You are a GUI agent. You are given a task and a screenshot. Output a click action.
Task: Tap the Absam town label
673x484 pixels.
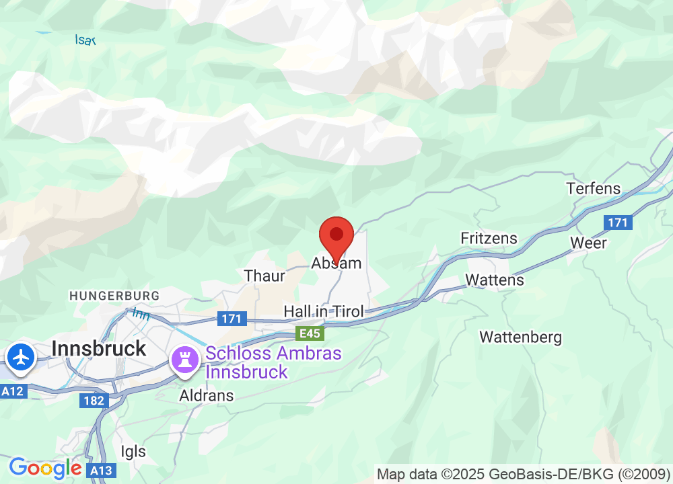coord(336,264)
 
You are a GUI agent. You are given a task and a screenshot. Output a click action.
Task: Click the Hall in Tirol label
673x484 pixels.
coord(324,311)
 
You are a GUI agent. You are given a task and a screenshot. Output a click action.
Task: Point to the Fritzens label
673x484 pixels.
coord(489,239)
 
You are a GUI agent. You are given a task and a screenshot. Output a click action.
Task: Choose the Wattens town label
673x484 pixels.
coord(495,280)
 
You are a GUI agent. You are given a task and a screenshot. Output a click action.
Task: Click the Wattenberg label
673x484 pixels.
coord(520,336)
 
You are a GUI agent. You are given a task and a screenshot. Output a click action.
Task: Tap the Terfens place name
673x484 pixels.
coord(594,188)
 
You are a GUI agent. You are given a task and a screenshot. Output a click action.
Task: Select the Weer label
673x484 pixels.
coord(588,243)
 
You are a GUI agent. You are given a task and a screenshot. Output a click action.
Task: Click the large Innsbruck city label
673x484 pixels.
coord(99,348)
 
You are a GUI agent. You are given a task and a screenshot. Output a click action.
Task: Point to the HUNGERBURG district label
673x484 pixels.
coord(114,296)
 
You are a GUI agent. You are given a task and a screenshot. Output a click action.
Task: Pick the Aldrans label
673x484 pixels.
coord(207,396)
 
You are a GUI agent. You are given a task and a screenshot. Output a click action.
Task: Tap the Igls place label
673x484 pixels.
coord(133,451)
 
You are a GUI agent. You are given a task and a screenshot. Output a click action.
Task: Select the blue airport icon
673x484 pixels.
coord(22,356)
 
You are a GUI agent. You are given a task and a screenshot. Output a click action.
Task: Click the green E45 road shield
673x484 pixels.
coord(310,333)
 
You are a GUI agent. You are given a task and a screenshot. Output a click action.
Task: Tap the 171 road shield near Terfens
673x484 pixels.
coord(617,222)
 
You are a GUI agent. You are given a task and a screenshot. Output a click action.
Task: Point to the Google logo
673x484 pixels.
coord(45,468)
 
